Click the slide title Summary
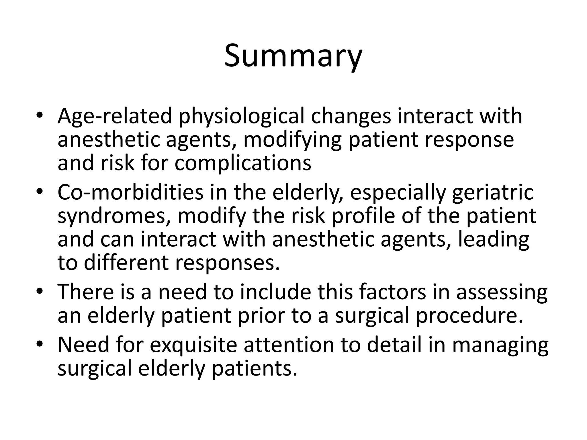coord(293,56)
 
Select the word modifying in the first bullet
coord(292,140)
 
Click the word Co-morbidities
coord(130,192)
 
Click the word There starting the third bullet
coord(86,292)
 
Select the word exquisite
coord(193,345)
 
